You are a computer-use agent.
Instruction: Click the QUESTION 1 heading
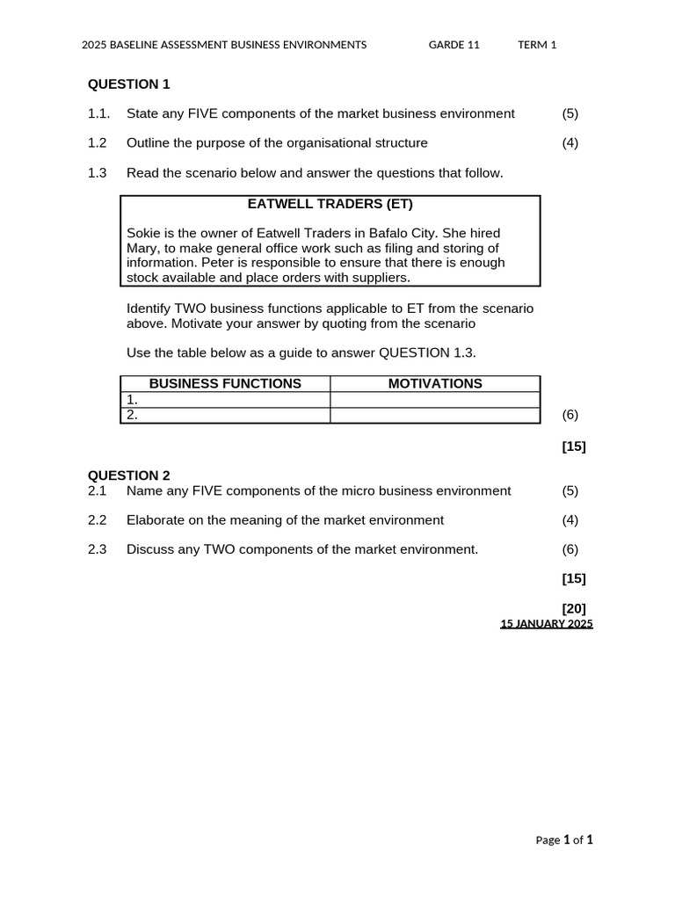tap(128, 84)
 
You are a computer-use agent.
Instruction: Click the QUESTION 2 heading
tap(128, 475)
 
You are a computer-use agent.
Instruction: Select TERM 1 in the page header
tap(537, 45)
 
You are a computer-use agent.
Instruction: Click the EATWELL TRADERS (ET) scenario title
tap(330, 205)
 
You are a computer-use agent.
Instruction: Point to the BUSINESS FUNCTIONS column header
tap(225, 384)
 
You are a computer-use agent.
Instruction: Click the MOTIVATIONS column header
tap(435, 384)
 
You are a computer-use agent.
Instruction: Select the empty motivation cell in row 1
tap(435, 400)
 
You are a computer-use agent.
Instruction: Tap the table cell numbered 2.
tap(225, 416)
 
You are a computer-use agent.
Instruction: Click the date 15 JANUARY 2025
tap(547, 624)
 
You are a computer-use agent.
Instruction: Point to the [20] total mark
tap(574, 608)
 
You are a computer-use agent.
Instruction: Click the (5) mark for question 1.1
tap(570, 113)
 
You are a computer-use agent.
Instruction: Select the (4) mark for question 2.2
tap(570, 520)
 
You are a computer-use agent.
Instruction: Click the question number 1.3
tap(98, 173)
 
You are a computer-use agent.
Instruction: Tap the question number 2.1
tap(98, 490)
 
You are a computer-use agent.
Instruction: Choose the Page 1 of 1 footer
tap(564, 840)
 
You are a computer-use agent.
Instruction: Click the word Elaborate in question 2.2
tap(156, 520)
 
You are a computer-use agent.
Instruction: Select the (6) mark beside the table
tap(570, 415)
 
